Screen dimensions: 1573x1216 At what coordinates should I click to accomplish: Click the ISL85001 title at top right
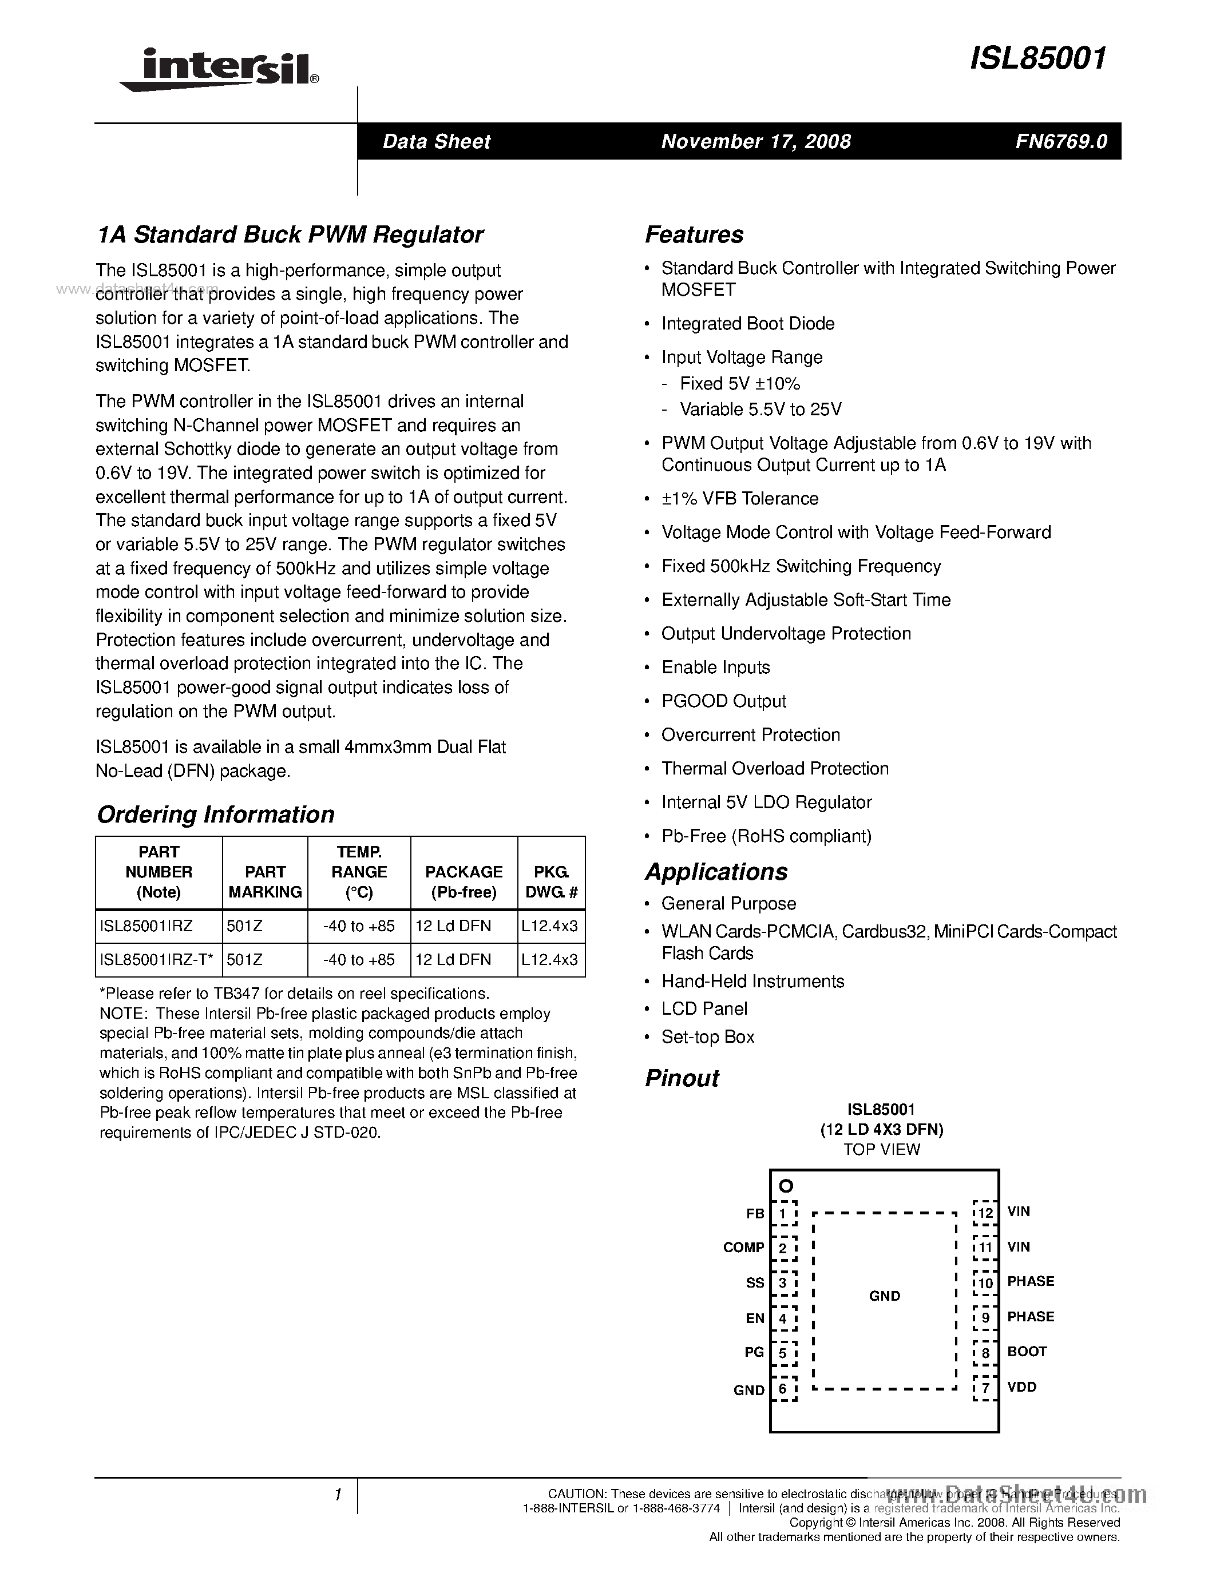[x=1037, y=58]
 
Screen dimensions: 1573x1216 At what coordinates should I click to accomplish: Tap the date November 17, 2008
[x=756, y=141]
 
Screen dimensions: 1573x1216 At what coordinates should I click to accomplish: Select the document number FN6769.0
[x=1061, y=141]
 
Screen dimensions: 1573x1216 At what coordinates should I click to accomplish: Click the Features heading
[x=694, y=235]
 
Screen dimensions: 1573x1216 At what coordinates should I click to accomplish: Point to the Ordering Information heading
[x=215, y=815]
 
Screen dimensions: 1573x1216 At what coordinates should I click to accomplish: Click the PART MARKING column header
[x=265, y=881]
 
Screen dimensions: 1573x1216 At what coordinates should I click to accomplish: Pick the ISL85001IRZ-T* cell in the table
[x=156, y=959]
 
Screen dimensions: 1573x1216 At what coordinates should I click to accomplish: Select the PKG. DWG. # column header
[x=551, y=881]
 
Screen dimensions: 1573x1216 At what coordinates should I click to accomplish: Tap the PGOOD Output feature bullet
[x=723, y=701]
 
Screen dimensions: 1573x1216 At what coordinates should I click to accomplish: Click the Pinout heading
[x=682, y=1078]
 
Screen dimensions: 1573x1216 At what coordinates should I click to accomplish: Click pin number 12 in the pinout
[x=985, y=1213]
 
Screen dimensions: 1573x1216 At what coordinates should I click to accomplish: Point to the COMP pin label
[x=743, y=1248]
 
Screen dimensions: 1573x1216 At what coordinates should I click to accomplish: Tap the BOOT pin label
[x=1027, y=1352]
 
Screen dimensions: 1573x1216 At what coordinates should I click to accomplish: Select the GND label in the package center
[x=884, y=1296]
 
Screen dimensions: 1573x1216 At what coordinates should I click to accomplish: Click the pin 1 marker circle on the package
[x=786, y=1186]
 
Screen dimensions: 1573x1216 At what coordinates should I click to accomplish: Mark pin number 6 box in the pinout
[x=784, y=1389]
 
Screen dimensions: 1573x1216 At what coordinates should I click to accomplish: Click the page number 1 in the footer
[x=337, y=1495]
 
